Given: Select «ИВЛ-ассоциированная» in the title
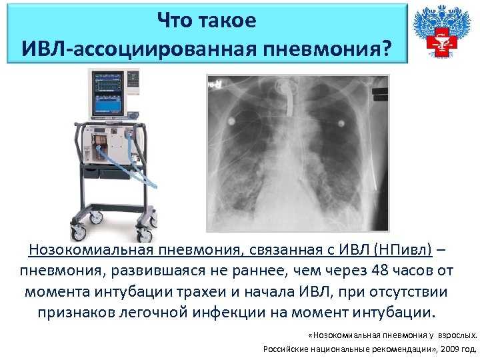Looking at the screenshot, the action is click(x=139, y=49).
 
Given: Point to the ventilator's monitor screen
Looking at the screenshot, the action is click(x=108, y=94).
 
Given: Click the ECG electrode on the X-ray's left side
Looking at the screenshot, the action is click(x=231, y=121).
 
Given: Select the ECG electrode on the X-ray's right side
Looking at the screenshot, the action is click(x=341, y=123).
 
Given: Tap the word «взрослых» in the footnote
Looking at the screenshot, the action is click(x=457, y=335).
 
